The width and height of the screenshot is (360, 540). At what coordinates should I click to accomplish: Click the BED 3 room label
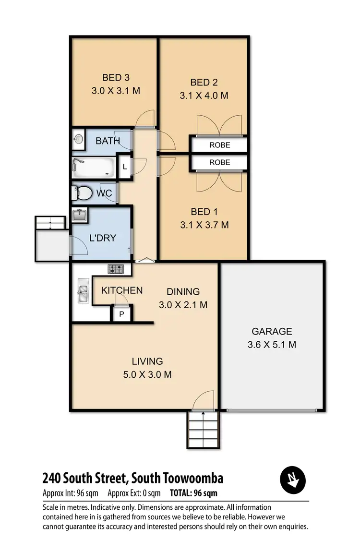click(x=116, y=77)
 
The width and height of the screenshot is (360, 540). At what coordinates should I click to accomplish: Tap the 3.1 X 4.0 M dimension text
click(x=204, y=96)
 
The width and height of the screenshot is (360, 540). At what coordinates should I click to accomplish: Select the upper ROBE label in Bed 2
click(x=219, y=144)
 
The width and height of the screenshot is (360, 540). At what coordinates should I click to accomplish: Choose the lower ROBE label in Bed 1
click(x=219, y=163)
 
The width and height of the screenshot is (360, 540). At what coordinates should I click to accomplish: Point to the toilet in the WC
click(x=83, y=193)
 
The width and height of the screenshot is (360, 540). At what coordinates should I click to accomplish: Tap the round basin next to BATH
click(x=79, y=140)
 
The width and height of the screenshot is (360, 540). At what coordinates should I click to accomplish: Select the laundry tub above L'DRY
click(x=80, y=215)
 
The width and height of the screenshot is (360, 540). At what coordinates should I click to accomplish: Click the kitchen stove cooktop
click(x=116, y=269)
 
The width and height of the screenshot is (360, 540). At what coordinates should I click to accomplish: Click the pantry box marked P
click(x=121, y=314)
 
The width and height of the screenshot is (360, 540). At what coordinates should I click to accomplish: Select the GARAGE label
click(x=272, y=331)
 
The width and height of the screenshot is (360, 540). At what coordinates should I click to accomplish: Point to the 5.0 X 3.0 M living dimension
click(x=148, y=374)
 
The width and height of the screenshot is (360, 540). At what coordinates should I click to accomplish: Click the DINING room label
click(x=183, y=292)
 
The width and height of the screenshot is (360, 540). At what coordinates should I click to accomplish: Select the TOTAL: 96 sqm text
click(x=193, y=493)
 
